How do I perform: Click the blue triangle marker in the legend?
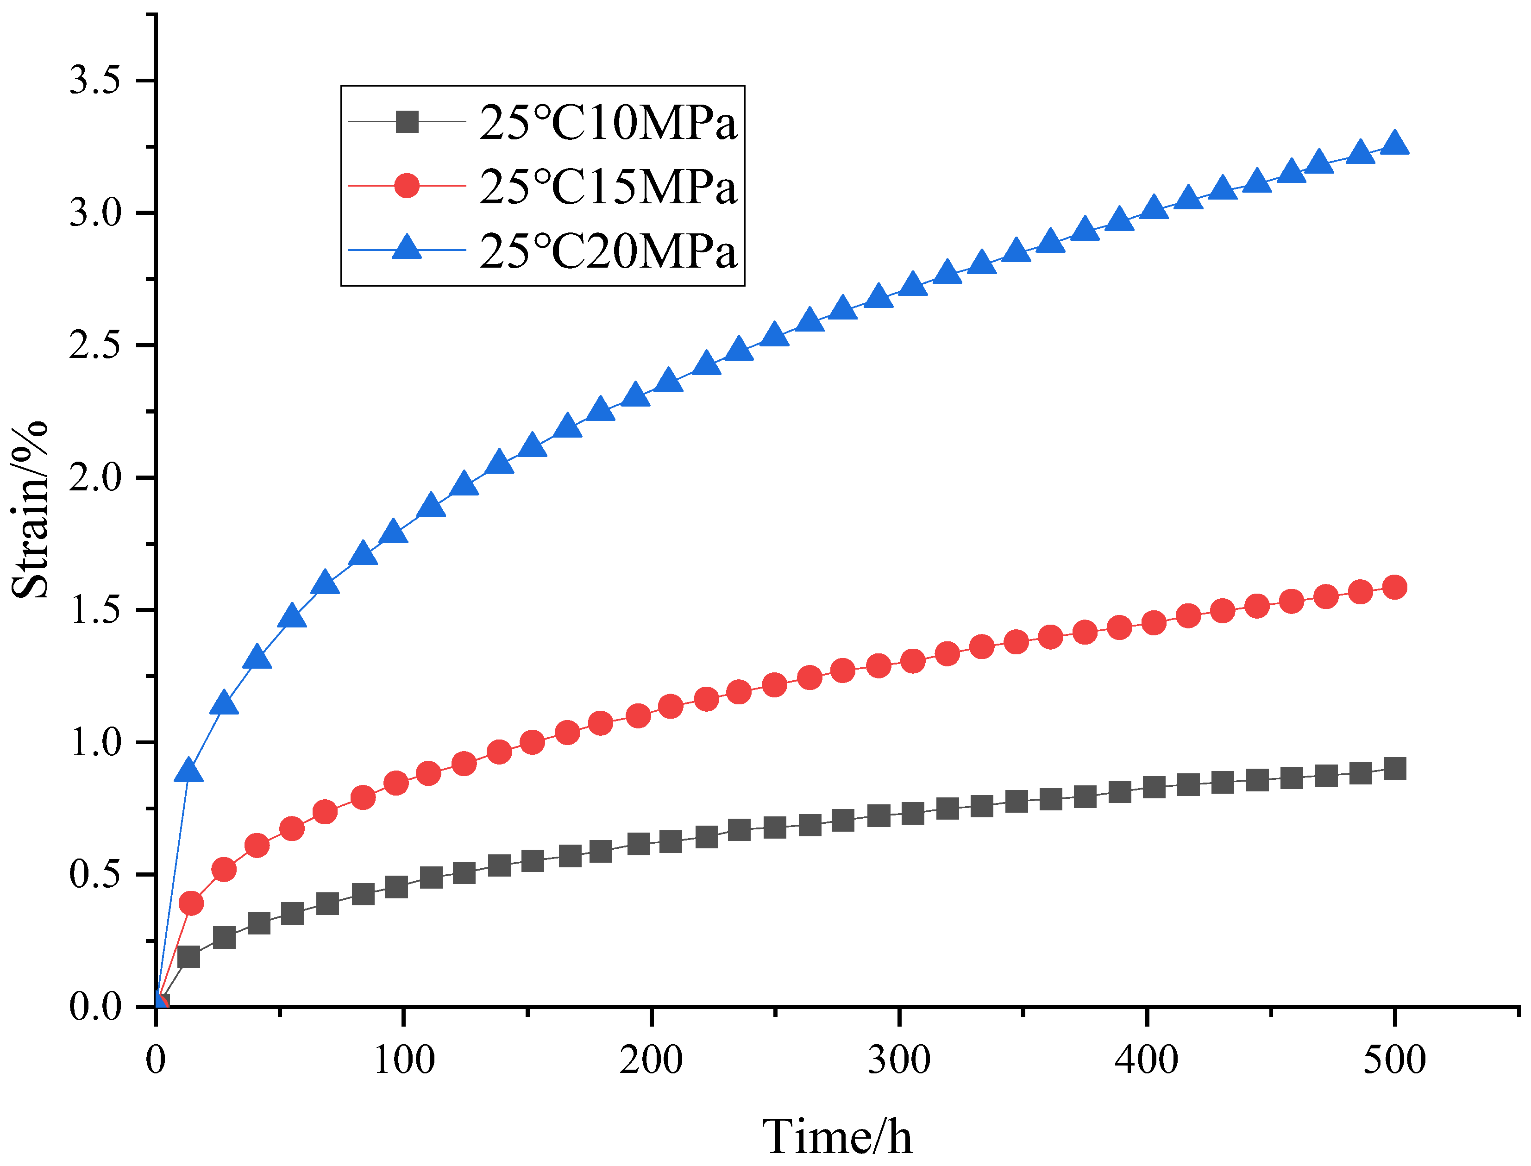(407, 247)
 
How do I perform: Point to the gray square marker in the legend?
(407, 122)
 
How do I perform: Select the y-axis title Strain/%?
(30, 510)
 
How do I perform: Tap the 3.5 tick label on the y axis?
(94, 81)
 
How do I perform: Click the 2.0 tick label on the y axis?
(94, 478)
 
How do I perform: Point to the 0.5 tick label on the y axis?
(94, 874)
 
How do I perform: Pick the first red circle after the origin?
(191, 903)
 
